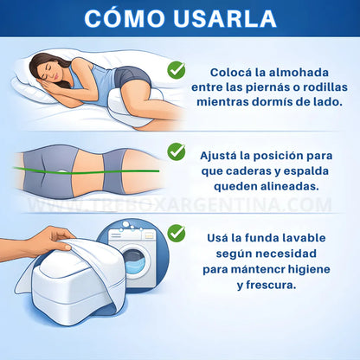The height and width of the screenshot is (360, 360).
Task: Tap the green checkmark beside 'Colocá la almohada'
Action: coord(177,67)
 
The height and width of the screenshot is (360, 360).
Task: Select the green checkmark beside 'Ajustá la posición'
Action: coord(177,151)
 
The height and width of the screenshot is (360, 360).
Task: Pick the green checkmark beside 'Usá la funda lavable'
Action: coord(177,233)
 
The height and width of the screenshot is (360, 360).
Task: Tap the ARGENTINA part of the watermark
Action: coord(260,205)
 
